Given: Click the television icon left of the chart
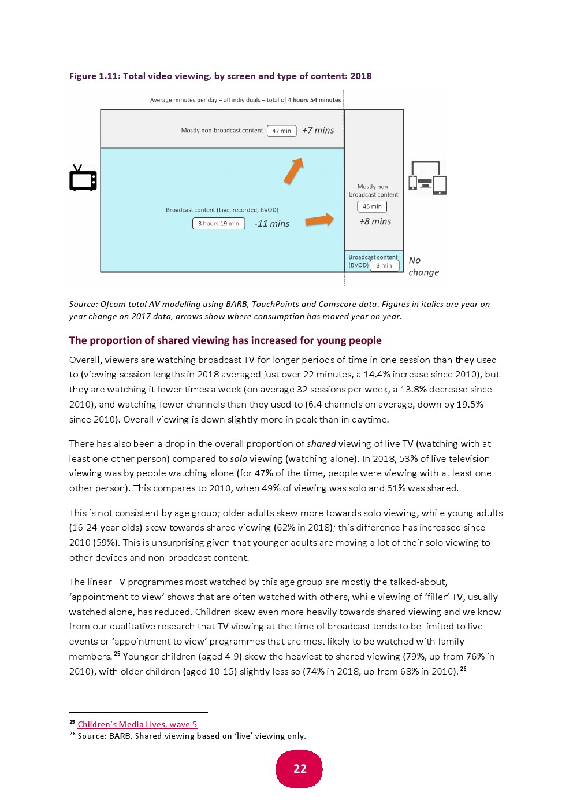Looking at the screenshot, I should pyautogui.click(x=83, y=178).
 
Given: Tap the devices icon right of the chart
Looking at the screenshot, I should pyautogui.click(x=427, y=177).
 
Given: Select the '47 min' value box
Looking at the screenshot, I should pyautogui.click(x=281, y=131).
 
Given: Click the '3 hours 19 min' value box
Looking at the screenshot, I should pyautogui.click(x=218, y=224).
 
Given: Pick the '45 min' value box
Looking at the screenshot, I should pyautogui.click(x=372, y=206).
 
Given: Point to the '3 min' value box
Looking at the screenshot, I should pyautogui.click(x=384, y=266).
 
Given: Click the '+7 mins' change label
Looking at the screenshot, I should pyautogui.click(x=318, y=131).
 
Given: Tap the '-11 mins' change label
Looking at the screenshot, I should pyautogui.click(x=271, y=224).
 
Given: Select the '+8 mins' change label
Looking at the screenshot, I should pyautogui.click(x=375, y=221).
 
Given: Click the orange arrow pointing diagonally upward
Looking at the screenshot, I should pyautogui.click(x=294, y=171).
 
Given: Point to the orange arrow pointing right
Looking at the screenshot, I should pyautogui.click(x=319, y=220).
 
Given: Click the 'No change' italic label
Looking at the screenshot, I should pyautogui.click(x=423, y=266).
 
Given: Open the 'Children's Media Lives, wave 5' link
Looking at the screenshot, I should pyautogui.click(x=137, y=724).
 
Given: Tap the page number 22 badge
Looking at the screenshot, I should pyautogui.click(x=299, y=769).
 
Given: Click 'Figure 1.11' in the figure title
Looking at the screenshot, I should pyautogui.click(x=94, y=76).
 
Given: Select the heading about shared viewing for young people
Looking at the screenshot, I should pyautogui.click(x=225, y=340).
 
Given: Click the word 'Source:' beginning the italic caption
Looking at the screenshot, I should pyautogui.click(x=83, y=304).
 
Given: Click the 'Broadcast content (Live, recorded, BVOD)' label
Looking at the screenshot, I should pyautogui.click(x=222, y=210).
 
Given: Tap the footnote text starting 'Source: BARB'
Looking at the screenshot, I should pyautogui.click(x=192, y=736).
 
